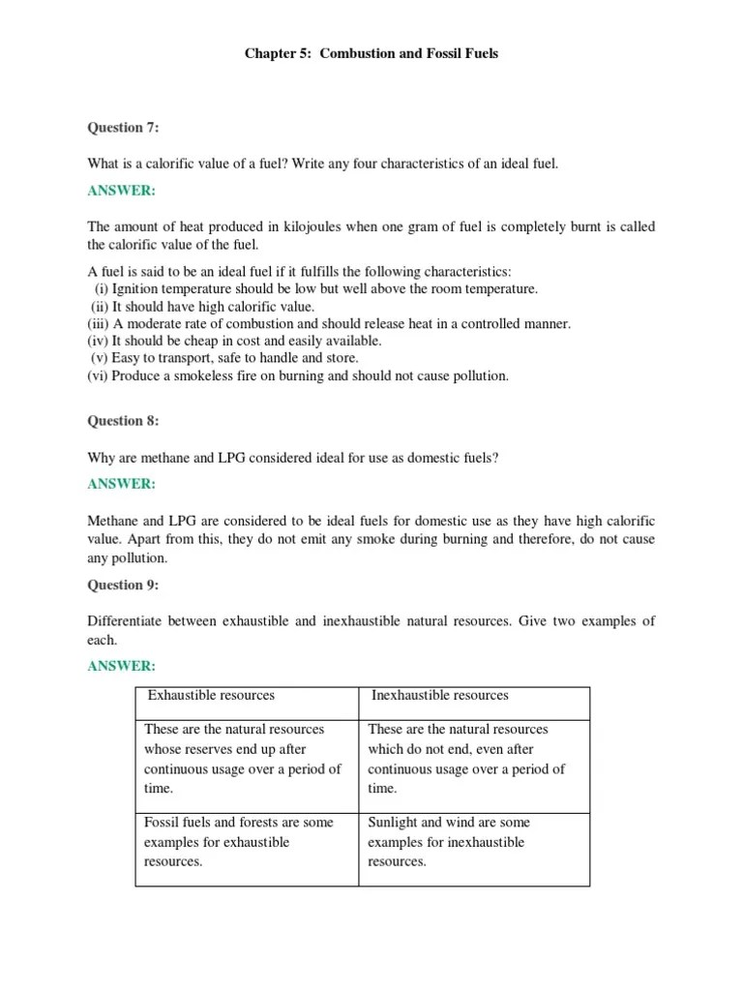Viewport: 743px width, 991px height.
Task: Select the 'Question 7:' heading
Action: [x=123, y=127]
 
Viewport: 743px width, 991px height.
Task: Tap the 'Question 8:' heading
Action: [x=123, y=421]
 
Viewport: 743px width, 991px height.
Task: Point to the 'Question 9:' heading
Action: [x=123, y=585]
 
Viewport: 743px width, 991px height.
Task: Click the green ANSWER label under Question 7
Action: [x=121, y=191]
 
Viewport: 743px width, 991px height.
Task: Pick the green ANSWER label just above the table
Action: [x=121, y=666]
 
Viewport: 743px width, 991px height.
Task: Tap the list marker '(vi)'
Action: [x=98, y=375]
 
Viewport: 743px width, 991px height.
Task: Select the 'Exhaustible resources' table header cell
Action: [x=211, y=695]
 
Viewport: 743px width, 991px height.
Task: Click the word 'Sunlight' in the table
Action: [x=393, y=822]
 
